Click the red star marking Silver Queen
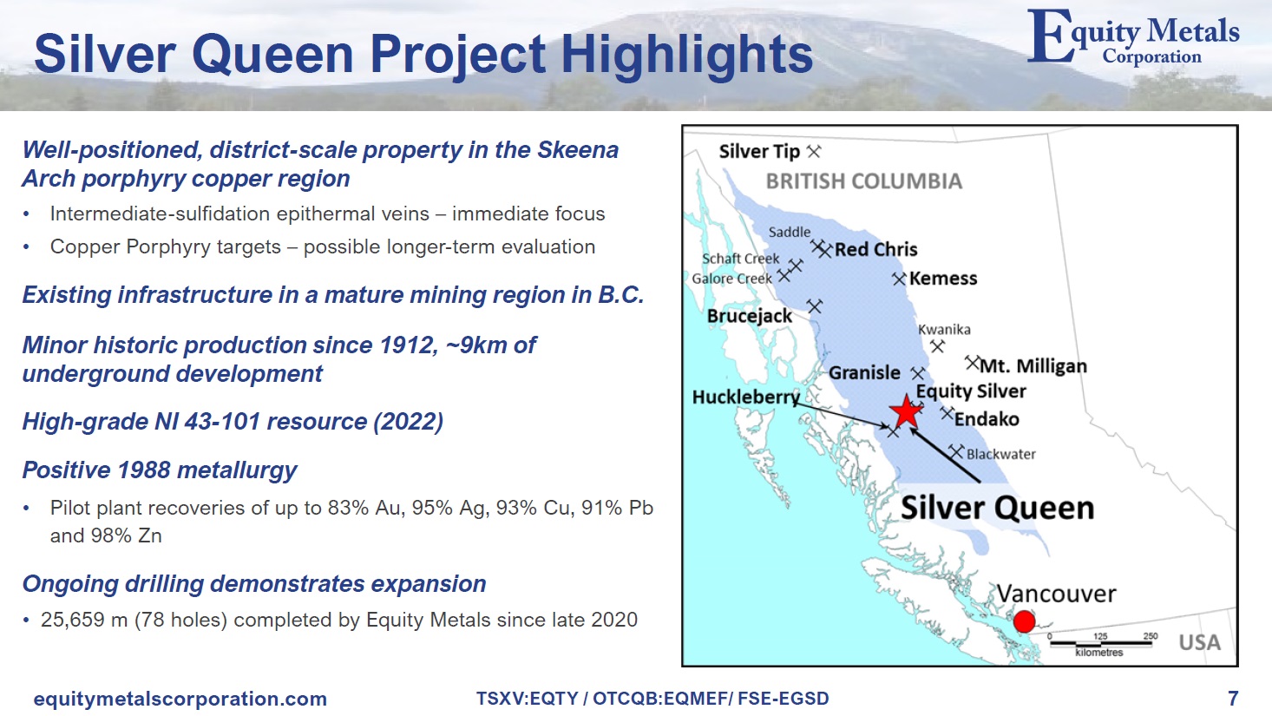(x=906, y=411)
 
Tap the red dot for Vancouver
(x=1024, y=621)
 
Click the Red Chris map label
(x=875, y=249)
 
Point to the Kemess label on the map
(x=943, y=279)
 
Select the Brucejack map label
(x=749, y=316)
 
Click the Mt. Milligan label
(x=1033, y=366)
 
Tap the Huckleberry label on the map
(x=745, y=397)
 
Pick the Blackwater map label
(x=1001, y=454)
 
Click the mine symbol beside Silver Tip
(x=814, y=152)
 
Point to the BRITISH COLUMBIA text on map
(x=863, y=181)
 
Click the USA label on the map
(x=1199, y=643)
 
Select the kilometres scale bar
(x=1100, y=644)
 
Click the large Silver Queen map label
(x=997, y=508)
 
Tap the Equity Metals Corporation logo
(x=1133, y=37)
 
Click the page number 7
(x=1233, y=699)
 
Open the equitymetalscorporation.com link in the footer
(x=180, y=699)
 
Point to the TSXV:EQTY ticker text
(x=527, y=699)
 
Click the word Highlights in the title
(x=687, y=55)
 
